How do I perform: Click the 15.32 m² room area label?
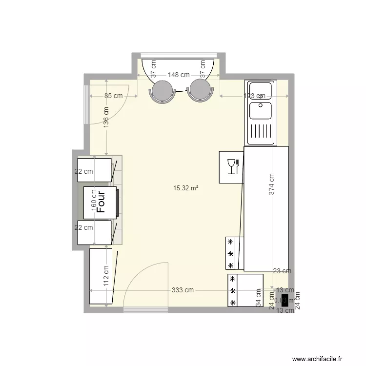tap(185, 187)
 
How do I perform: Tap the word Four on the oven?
tap(102, 202)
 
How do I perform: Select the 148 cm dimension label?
tap(179, 75)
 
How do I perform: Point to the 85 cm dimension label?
tap(114, 96)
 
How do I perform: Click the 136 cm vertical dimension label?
tap(106, 117)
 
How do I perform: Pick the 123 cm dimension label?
tap(255, 96)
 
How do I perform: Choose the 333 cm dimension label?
tap(183, 290)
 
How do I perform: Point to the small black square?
tap(285, 300)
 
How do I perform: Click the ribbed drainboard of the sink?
tap(261, 132)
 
